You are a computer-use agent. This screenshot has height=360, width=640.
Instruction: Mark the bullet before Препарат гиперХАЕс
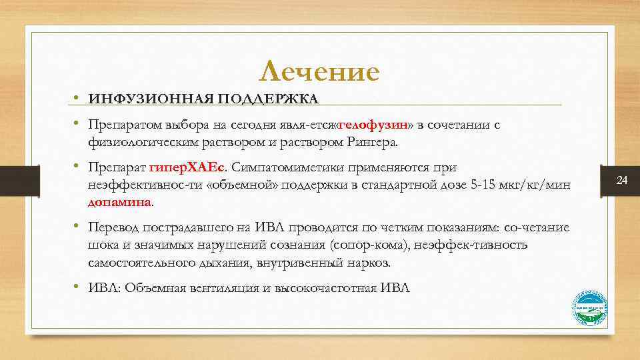click(78, 167)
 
